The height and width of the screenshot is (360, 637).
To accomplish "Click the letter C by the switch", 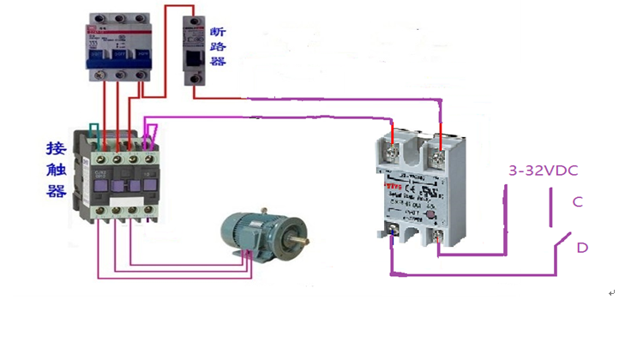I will pos(577,202).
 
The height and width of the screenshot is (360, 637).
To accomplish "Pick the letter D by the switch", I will pos(581,248).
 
